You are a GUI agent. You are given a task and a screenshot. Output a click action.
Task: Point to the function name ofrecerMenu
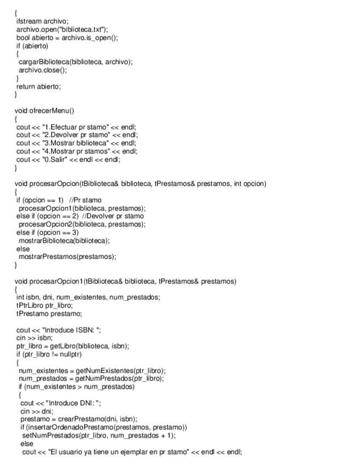(55, 111)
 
